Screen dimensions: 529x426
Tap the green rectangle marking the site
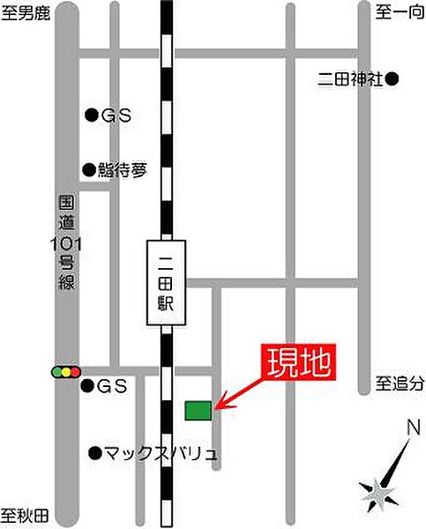198,410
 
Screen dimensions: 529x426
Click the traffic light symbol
65,372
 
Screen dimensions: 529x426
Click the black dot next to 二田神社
393,79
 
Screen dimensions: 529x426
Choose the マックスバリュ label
160,453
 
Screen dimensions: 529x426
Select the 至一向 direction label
394,12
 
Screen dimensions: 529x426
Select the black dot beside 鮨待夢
89,169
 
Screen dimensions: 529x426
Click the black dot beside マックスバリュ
94,453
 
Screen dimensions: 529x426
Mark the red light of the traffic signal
76,372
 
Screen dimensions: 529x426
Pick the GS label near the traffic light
114,386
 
